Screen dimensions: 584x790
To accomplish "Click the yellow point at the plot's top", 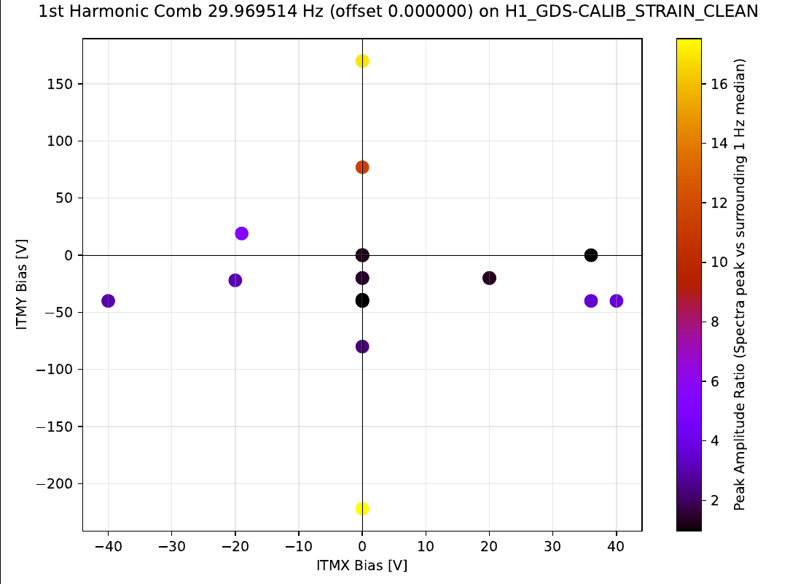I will [x=362, y=61].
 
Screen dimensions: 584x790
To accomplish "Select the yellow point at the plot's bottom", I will [x=362, y=509].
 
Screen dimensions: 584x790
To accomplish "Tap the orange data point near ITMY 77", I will [x=362, y=167].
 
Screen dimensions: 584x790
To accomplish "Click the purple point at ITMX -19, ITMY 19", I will [x=242, y=233].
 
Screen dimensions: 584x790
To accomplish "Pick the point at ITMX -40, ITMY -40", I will [x=109, y=300].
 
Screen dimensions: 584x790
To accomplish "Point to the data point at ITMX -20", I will [x=235, y=280].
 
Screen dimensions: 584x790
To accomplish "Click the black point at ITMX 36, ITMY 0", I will [x=591, y=255].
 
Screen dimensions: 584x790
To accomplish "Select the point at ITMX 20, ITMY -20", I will [x=489, y=278].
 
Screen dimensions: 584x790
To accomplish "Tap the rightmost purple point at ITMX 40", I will [x=617, y=300].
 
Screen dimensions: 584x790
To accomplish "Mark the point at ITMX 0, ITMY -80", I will [x=362, y=346].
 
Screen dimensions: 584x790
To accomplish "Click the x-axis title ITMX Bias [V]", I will [x=361, y=566].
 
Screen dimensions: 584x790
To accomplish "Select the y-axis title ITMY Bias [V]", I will [x=21, y=284].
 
